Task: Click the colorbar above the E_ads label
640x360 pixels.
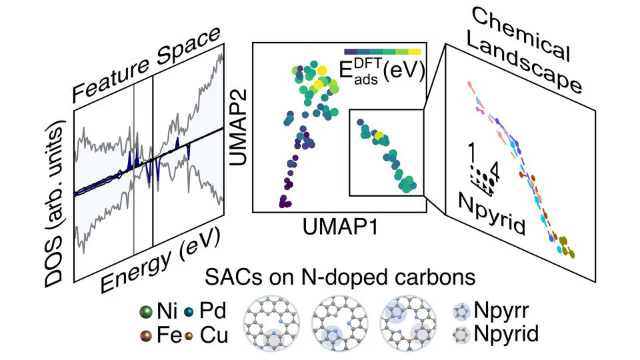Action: [x=383, y=51]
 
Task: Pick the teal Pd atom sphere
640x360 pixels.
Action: [x=188, y=311]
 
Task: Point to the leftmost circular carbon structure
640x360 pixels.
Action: [x=272, y=322]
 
